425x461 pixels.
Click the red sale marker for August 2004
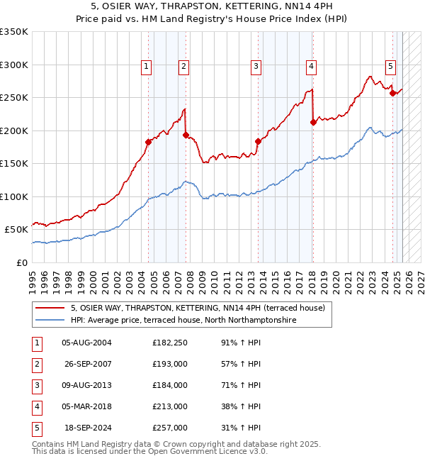(148, 142)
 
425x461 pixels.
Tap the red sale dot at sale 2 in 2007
(186, 135)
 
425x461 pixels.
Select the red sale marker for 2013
(258, 141)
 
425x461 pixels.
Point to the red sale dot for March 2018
(313, 122)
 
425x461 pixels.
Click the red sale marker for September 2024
(392, 93)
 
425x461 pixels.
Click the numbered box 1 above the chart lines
(146, 67)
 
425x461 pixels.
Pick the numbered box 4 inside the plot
(311, 67)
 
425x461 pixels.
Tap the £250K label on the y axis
(14, 98)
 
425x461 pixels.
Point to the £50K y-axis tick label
(16, 230)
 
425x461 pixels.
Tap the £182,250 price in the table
(169, 343)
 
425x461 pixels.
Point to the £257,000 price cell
(169, 428)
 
